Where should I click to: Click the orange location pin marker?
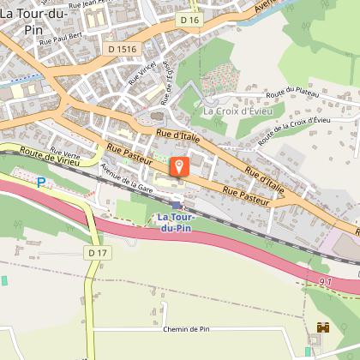(179, 165)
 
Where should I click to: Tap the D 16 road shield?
(189, 18)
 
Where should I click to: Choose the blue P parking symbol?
(39, 182)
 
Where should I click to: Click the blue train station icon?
(177, 205)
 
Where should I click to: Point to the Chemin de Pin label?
(185, 328)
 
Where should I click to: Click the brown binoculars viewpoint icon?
(323, 327)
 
